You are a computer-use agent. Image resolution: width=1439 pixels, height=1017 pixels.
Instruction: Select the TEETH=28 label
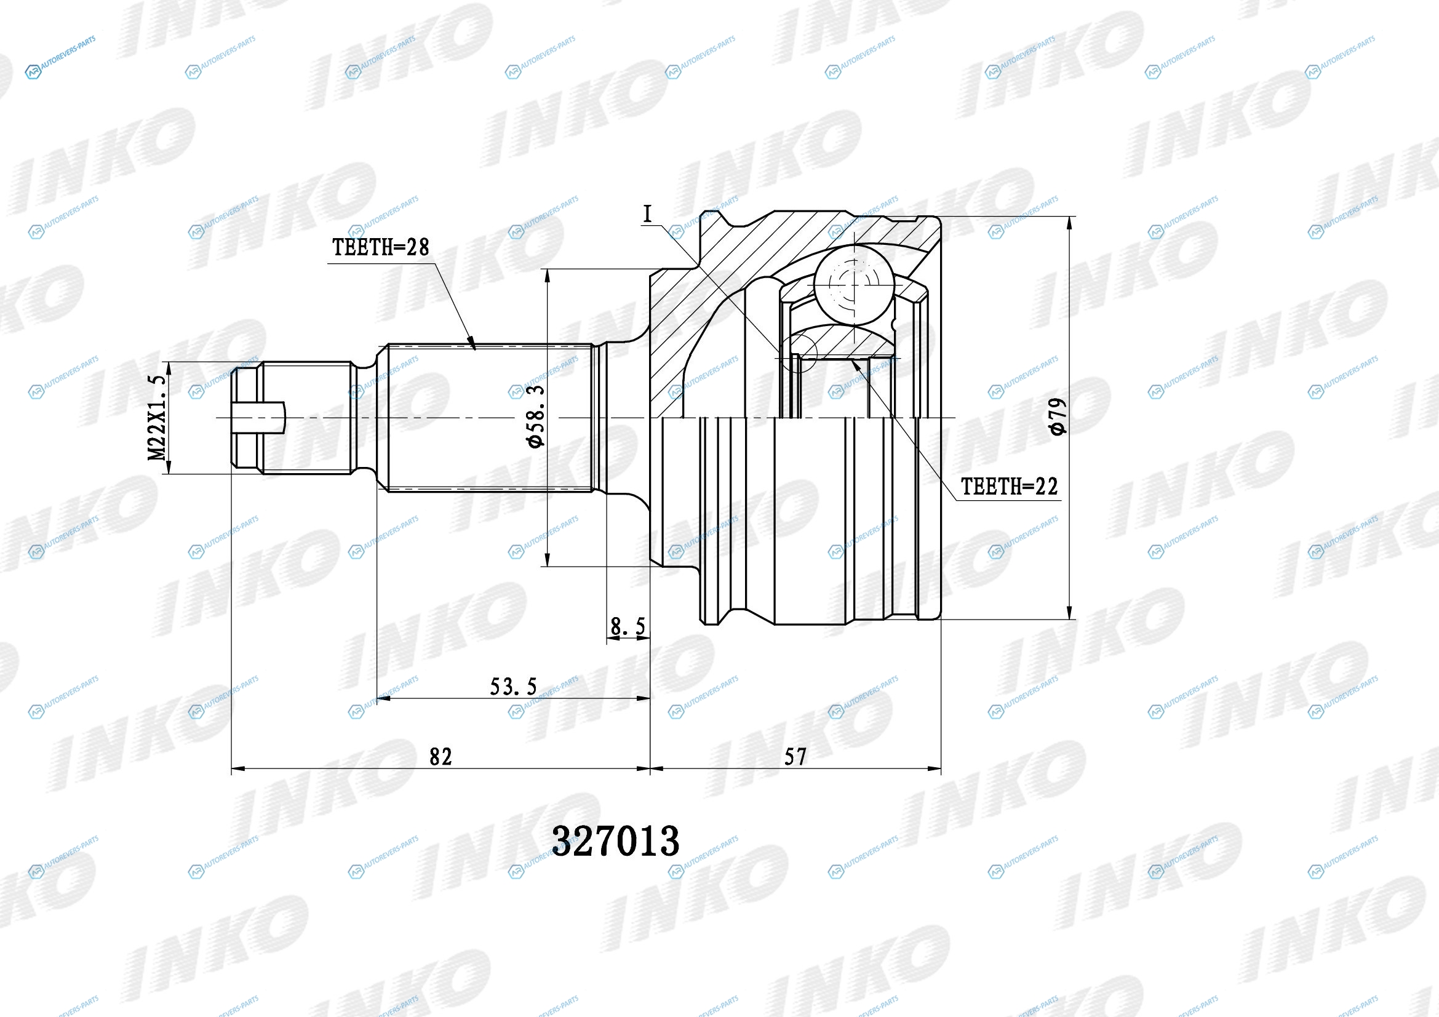click(380, 247)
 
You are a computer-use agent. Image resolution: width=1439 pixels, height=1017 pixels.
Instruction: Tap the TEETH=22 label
click(1009, 486)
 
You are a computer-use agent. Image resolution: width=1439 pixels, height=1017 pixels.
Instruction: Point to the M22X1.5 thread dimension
click(157, 418)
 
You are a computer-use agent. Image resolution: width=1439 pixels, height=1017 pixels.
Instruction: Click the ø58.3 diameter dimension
click(536, 417)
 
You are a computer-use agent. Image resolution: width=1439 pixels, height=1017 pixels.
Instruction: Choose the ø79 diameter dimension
click(1058, 417)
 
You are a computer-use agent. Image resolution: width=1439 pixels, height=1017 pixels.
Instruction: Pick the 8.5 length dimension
click(628, 625)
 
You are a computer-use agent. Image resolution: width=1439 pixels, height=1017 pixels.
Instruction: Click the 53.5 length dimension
click(513, 687)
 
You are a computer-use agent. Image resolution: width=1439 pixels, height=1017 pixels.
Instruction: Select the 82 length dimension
click(440, 757)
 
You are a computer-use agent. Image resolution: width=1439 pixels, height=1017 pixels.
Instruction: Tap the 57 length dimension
click(795, 757)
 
